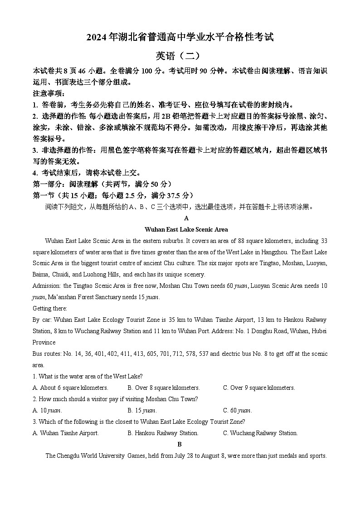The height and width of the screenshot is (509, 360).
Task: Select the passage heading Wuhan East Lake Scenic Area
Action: point(186,229)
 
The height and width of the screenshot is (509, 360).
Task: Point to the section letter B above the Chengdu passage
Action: point(180,444)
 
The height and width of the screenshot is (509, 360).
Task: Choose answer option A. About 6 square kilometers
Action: point(70,388)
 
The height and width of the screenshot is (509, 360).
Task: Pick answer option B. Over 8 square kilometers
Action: point(164,388)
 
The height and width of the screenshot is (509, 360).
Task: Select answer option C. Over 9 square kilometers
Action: point(259,388)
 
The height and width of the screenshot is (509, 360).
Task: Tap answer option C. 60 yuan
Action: point(237,410)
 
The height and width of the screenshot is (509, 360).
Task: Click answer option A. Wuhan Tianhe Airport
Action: point(66,433)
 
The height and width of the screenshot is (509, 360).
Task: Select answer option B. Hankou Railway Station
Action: point(163,433)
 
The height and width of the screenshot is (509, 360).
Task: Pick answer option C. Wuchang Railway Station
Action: point(260,433)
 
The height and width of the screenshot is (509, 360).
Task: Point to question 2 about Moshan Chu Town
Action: point(115,399)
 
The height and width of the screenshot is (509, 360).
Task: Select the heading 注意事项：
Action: point(49,93)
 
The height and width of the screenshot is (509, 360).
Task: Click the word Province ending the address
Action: point(44,342)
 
